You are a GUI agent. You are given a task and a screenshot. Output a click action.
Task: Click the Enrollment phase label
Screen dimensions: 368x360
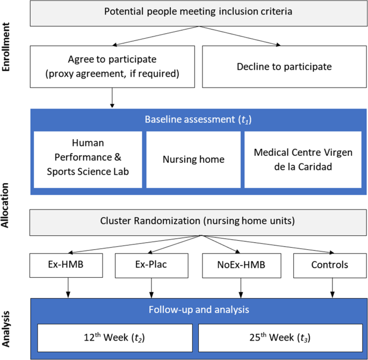coord(5,47)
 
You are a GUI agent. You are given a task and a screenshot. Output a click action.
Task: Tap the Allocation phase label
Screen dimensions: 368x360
coord(5,205)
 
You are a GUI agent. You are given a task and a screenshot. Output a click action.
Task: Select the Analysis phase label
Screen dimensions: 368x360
coord(5,329)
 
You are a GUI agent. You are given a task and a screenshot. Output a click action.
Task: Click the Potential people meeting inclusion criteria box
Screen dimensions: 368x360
coord(199,13)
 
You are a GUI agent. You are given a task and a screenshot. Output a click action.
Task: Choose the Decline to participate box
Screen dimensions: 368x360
coord(284,67)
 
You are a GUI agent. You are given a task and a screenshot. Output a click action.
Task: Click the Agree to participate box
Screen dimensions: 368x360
coord(112,67)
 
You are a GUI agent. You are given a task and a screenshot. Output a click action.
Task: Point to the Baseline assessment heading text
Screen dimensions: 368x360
coord(198,119)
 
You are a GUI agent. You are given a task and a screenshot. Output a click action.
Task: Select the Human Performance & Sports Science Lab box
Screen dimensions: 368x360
coord(88,160)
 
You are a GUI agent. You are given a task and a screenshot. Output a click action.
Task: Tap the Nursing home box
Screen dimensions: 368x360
coord(193,160)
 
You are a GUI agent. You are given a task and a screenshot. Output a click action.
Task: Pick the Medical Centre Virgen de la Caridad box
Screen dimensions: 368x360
coord(303,160)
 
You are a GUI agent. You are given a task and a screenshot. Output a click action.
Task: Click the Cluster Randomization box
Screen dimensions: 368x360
coord(198,222)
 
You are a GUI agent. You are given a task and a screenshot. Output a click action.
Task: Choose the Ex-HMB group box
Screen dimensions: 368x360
coord(66,265)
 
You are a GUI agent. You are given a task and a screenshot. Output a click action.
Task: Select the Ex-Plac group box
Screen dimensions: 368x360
coord(151,265)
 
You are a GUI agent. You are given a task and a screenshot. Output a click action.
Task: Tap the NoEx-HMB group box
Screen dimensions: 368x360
coord(242,265)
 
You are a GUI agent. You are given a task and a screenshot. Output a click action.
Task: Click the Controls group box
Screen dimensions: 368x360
coord(330,265)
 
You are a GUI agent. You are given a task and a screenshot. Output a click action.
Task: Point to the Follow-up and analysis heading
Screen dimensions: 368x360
coord(199,310)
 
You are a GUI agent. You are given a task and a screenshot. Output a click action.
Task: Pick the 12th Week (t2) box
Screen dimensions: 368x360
coord(115,338)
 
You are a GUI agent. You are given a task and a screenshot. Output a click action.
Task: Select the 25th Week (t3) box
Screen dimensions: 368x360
coord(280,338)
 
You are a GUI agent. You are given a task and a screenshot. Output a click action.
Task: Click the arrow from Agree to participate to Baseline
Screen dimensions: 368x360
coord(112,98)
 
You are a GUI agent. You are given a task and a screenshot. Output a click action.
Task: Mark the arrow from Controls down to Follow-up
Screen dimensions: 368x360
coord(333,288)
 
